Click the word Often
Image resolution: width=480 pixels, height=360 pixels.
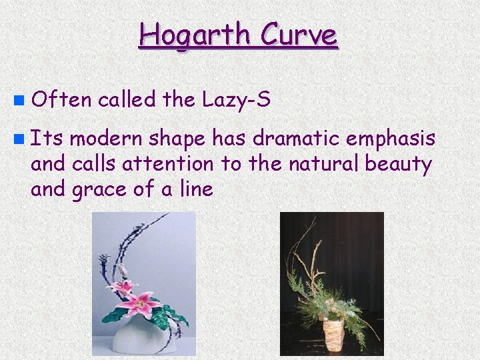coord(61,101)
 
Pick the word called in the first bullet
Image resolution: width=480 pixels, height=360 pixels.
coord(127,101)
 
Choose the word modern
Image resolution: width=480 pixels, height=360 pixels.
coord(106,139)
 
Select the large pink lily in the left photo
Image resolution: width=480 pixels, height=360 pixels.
coord(141,306)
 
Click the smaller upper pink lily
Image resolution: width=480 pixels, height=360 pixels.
coord(125,288)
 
